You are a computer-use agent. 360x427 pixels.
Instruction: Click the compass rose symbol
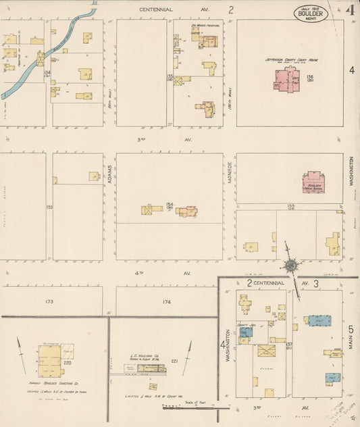click(x=290, y=266)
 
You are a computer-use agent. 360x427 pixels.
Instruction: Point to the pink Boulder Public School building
click(x=313, y=182)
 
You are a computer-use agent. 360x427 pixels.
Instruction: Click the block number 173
click(x=48, y=301)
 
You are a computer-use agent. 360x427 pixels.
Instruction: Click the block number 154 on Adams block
click(x=170, y=205)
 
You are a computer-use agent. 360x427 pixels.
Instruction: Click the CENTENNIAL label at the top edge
click(x=156, y=9)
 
